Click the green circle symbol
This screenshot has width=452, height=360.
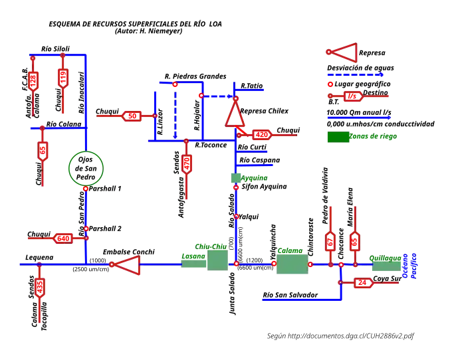[86, 168]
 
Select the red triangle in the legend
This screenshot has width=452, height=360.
[344, 52]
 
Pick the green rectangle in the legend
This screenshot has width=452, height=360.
[338, 137]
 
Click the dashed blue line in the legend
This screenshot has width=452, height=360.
[356, 76]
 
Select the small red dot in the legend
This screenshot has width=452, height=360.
[330, 84]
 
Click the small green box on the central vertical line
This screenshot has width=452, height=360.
[235, 178]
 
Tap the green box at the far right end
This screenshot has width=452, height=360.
[386, 263]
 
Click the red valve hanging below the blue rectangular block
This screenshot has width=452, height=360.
[187, 163]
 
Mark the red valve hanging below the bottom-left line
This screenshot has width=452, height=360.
[40, 287]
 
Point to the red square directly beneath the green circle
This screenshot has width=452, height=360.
[85, 189]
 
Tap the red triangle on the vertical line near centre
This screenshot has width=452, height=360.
[234, 115]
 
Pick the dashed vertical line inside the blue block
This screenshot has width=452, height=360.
[175, 112]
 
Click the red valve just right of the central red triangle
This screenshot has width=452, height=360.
[261, 135]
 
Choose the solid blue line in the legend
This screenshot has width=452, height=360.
[359, 118]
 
